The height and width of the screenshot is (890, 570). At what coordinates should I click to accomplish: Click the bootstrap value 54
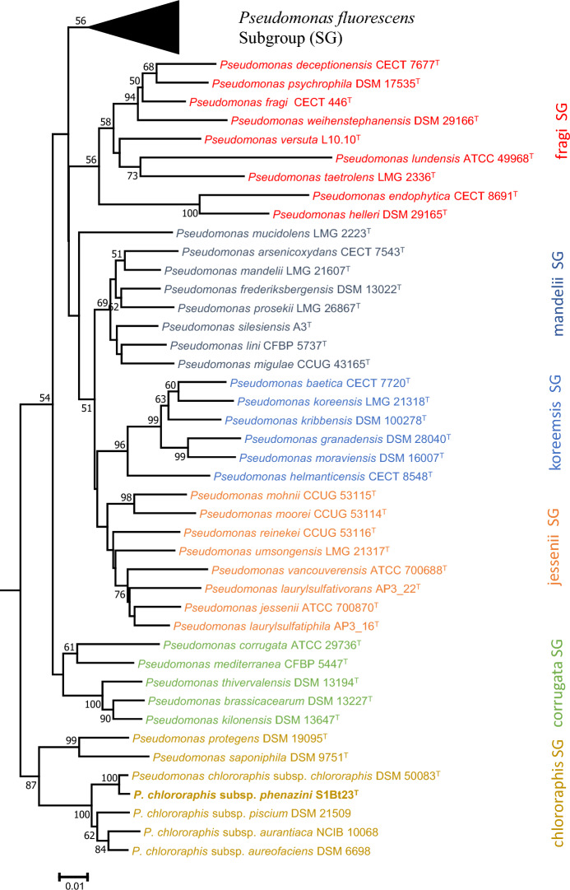pos(44,398)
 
